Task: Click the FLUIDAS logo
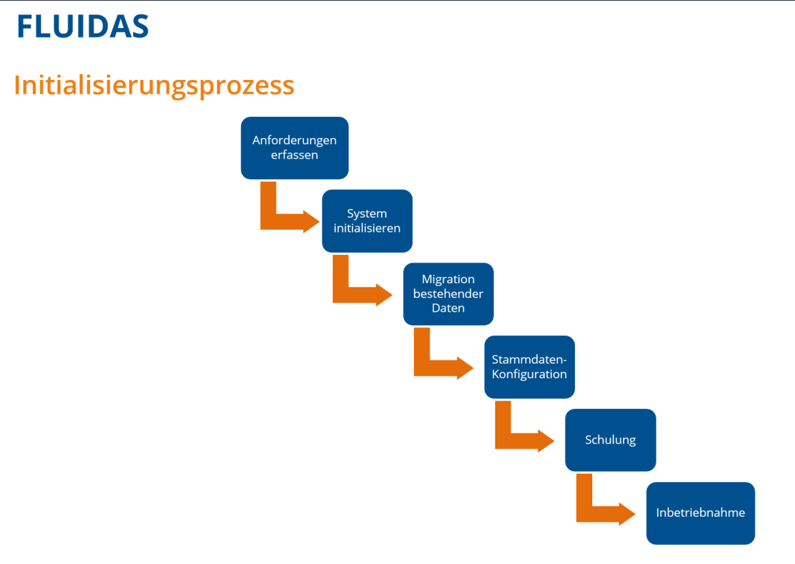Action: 83,26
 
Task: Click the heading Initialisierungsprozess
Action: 154,85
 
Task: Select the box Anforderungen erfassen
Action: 294,148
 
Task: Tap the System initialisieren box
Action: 367,221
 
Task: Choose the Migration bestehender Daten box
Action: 448,294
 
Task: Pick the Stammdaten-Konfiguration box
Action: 529,367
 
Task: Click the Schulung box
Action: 610,440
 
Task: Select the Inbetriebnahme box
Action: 700,513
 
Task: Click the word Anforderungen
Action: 294,140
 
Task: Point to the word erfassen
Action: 294,155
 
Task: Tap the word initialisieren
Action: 367,228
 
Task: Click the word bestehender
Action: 448,294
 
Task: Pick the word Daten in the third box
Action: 448,308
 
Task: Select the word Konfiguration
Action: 529,375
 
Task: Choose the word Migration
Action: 448,280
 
